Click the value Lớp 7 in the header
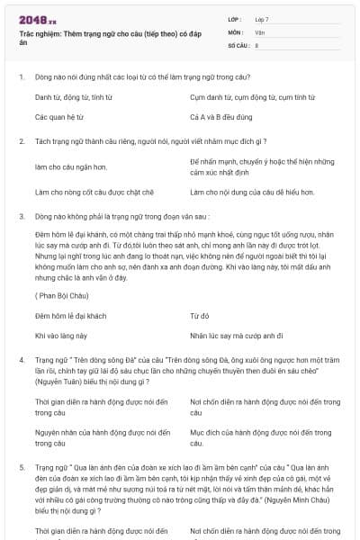pyautogui.click(x=262, y=19)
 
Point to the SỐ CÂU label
pyautogui.click(x=238, y=44)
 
